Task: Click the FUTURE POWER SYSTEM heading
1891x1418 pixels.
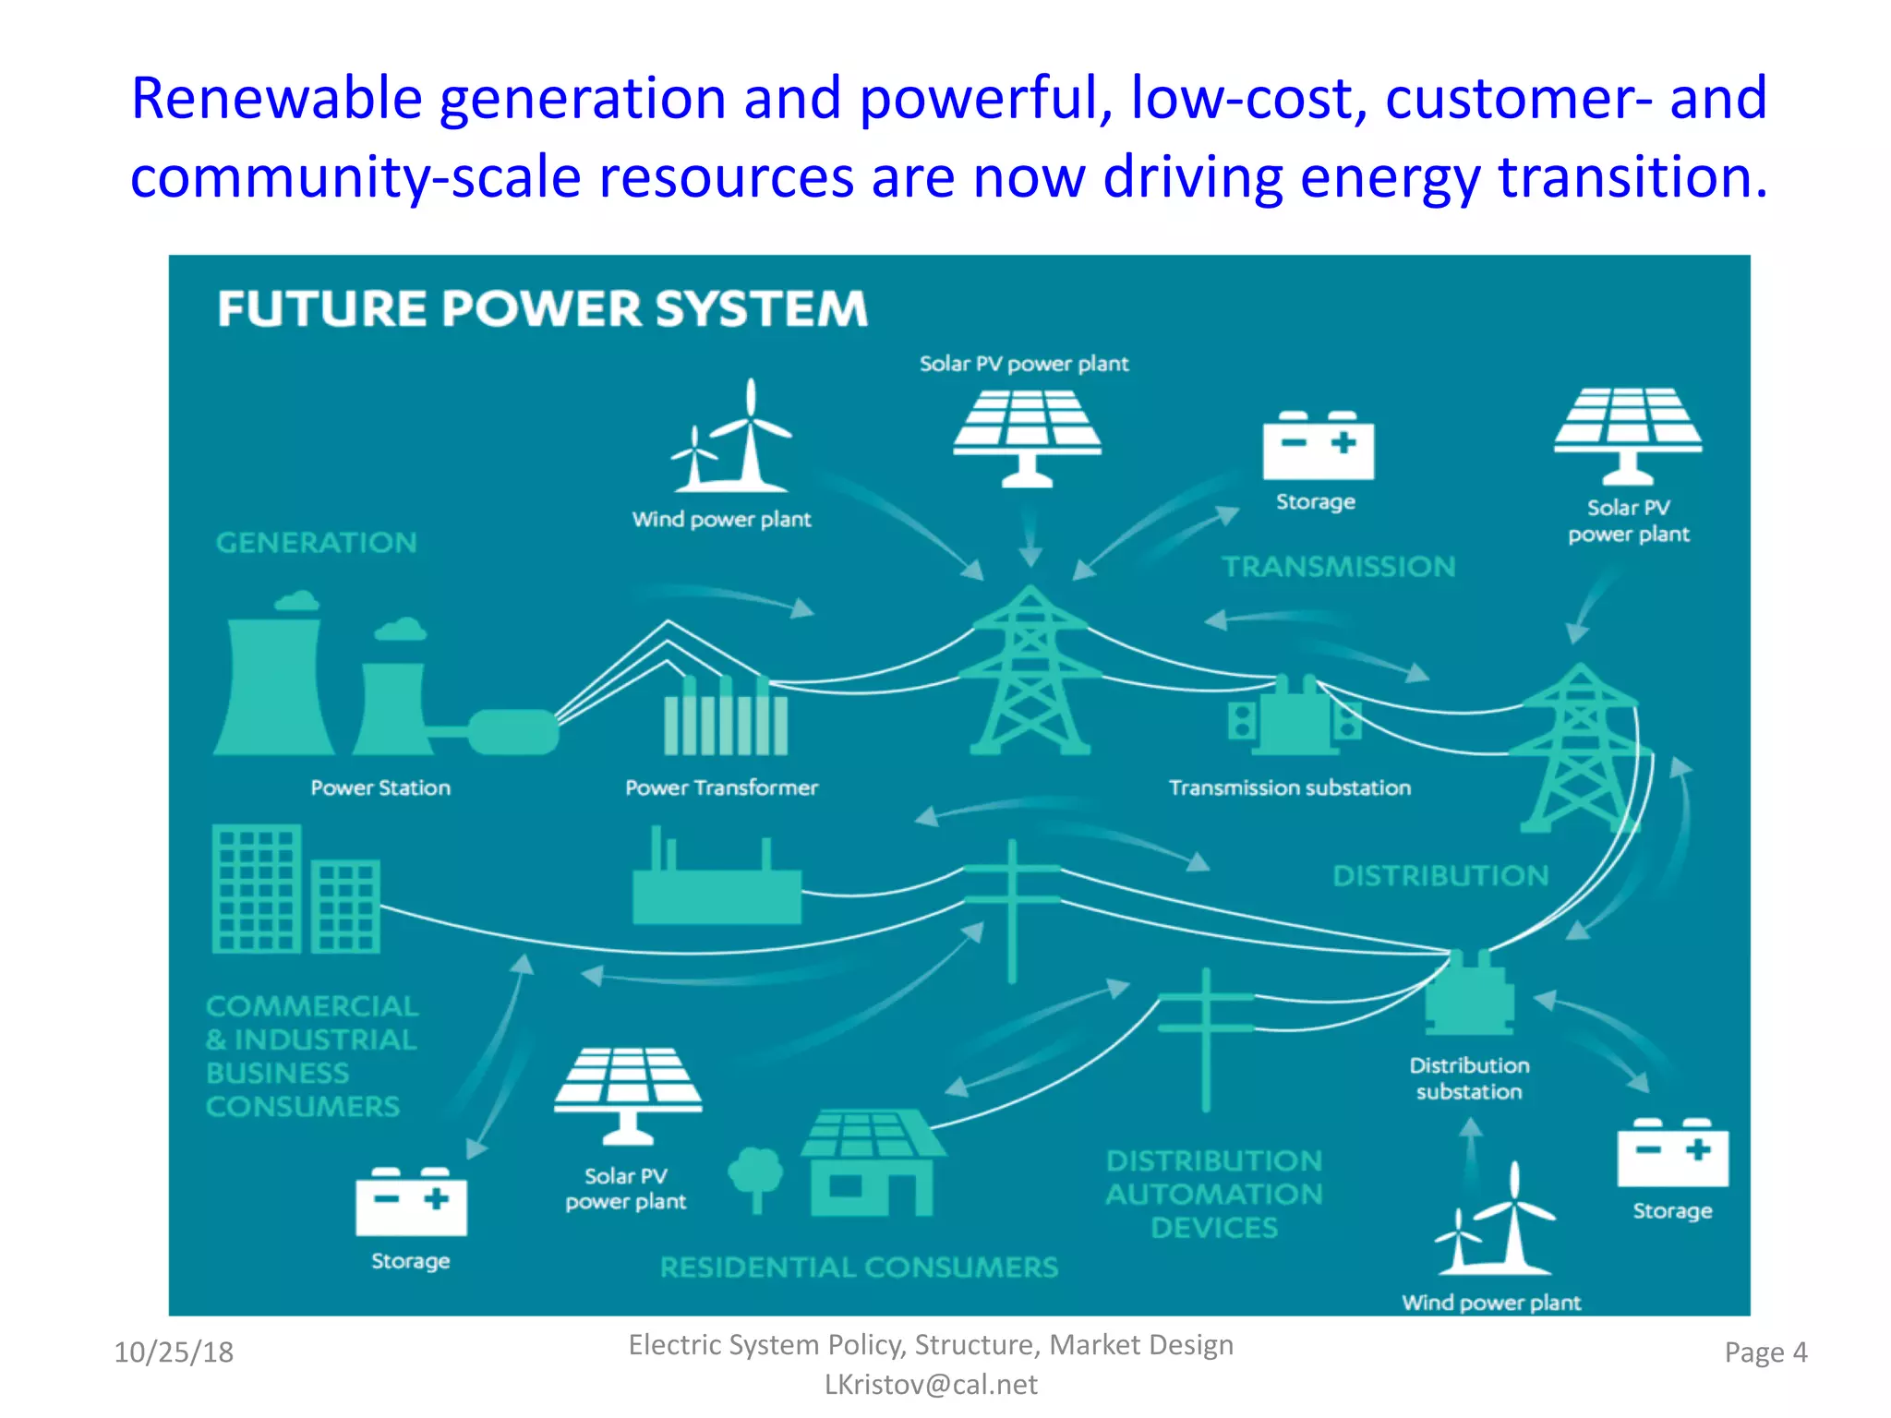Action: point(542,308)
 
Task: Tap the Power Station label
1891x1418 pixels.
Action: point(380,787)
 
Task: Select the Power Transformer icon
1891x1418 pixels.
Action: point(726,715)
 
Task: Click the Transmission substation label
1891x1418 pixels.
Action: point(1289,787)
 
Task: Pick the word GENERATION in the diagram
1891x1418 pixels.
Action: point(317,543)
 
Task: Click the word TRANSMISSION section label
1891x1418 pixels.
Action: point(1338,566)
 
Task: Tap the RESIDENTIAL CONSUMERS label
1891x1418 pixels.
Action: point(859,1267)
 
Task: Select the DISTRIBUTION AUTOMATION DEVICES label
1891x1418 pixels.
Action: point(1214,1194)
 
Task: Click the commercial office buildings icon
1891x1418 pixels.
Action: point(295,890)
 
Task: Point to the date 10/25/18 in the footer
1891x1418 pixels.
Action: point(174,1352)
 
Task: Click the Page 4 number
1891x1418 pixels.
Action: point(1765,1352)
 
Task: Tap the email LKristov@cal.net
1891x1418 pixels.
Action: point(931,1384)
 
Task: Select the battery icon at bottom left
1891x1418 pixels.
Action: point(411,1201)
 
